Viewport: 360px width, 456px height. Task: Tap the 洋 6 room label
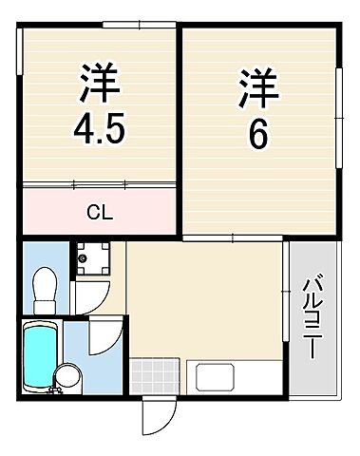[x=259, y=109]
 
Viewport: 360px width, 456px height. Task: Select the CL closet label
[x=100, y=212]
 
